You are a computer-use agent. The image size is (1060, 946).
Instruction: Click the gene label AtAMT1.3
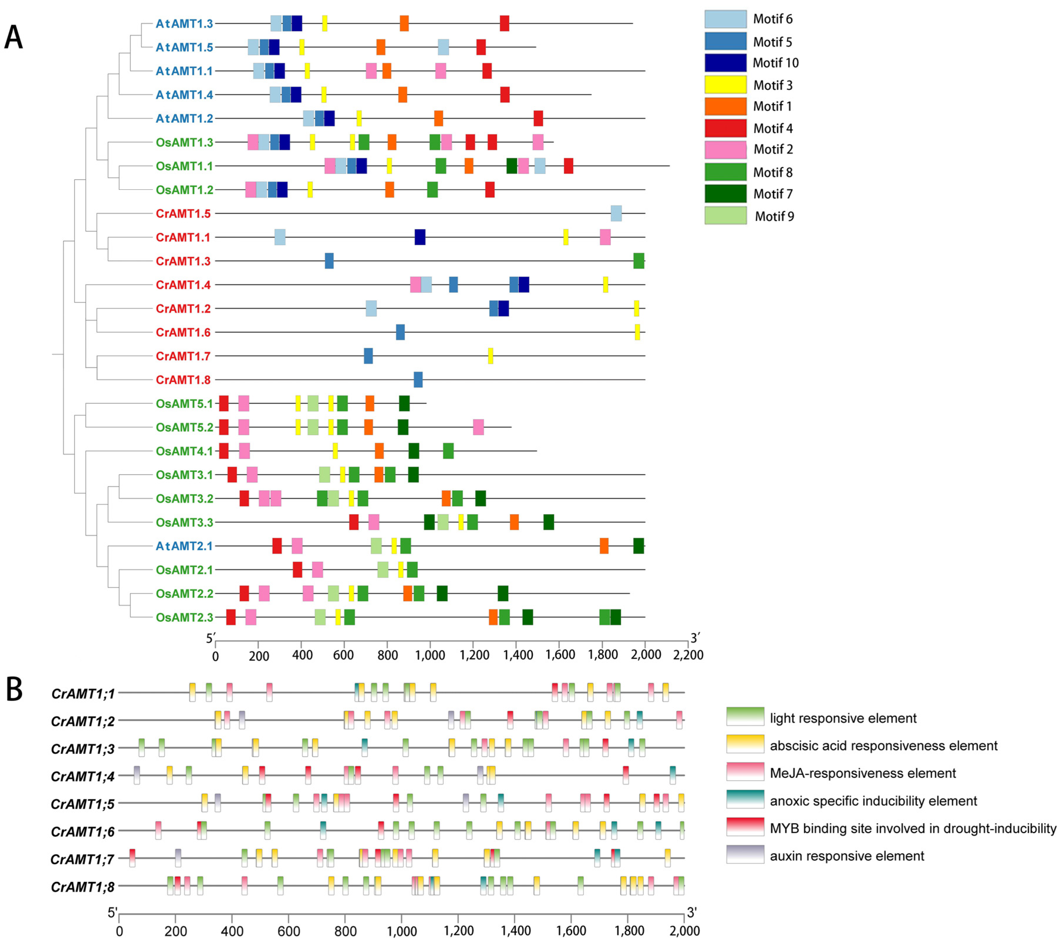pyautogui.click(x=184, y=24)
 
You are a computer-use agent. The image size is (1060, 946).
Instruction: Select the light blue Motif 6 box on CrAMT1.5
pyautogui.click(x=616, y=213)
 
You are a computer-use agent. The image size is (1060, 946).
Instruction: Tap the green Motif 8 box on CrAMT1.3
pyautogui.click(x=639, y=261)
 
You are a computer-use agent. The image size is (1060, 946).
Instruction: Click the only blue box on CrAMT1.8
pyautogui.click(x=418, y=379)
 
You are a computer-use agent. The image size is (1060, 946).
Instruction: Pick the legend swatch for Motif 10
pyautogui.click(x=725, y=63)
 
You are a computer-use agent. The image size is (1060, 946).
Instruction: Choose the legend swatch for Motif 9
pyautogui.click(x=725, y=216)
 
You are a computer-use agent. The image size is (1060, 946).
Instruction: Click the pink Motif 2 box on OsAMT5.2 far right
pyautogui.click(x=478, y=427)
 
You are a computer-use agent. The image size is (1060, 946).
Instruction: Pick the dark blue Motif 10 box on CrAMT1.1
pyautogui.click(x=420, y=237)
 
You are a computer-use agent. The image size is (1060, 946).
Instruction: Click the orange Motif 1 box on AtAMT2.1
pyautogui.click(x=604, y=546)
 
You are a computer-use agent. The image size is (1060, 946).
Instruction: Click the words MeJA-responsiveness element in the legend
pyautogui.click(x=863, y=773)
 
